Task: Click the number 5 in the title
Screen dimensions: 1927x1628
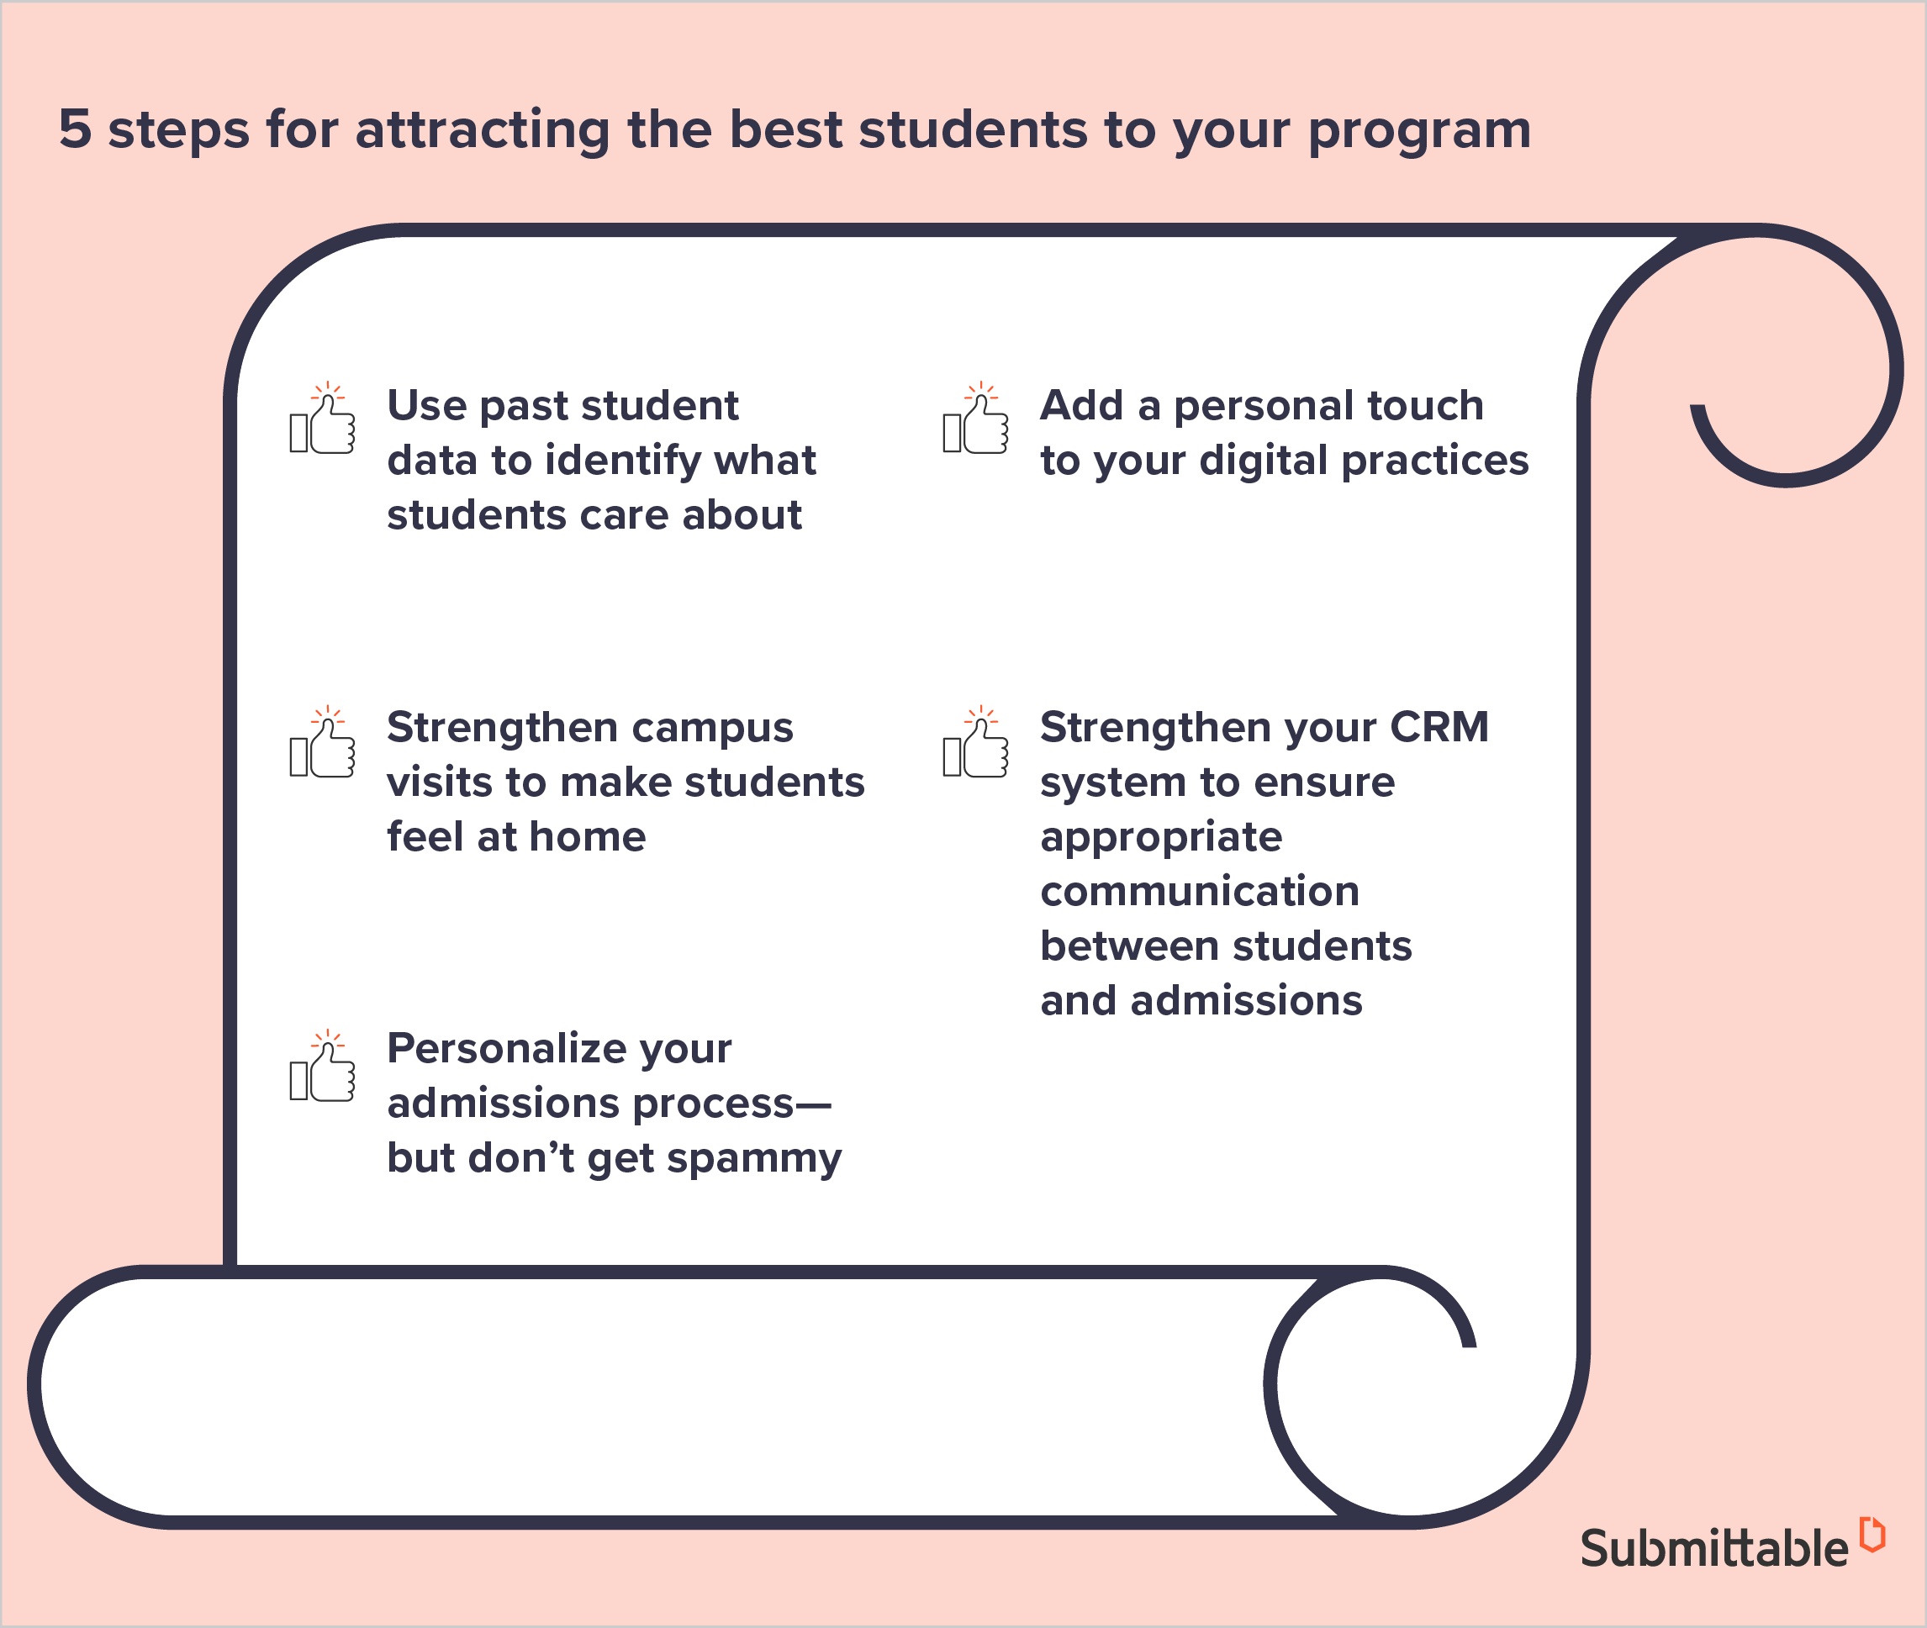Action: point(76,129)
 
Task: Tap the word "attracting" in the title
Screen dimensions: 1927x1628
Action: point(482,130)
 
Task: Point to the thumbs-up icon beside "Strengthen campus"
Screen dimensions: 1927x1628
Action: point(322,742)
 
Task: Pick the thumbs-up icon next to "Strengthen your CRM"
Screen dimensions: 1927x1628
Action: point(975,742)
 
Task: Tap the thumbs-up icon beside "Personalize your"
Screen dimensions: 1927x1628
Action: point(322,1066)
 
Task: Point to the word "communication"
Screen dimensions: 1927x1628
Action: point(1200,892)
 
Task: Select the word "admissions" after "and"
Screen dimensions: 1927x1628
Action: point(1247,1000)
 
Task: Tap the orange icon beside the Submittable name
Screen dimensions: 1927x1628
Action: point(1872,1534)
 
